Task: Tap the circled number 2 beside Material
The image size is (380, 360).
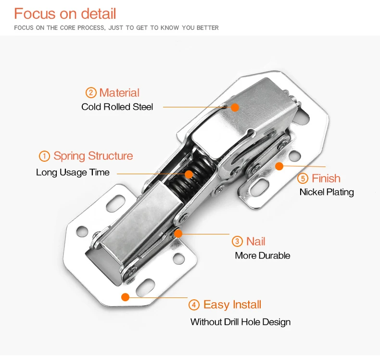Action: pos(91,93)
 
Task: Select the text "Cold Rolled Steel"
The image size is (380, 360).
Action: pos(117,107)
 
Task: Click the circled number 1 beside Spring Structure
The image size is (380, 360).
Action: pos(44,156)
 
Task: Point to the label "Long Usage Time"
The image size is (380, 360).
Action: pos(73,172)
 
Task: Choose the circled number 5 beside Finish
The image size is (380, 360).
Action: pos(303,179)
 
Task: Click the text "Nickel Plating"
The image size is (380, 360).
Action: pos(326,192)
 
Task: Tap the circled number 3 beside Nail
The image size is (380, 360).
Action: pos(237,242)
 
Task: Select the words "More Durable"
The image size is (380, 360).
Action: pos(262,256)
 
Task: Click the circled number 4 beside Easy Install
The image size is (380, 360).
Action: pos(194,305)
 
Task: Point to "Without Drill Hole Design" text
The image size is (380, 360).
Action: pos(240,321)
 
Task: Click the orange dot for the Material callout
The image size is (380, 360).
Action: pos(235,107)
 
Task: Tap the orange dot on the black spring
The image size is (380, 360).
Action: pos(189,174)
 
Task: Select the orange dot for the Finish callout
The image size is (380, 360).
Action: pos(279,166)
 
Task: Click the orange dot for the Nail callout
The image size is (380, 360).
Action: pos(178,234)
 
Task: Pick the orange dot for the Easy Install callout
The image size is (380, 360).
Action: pos(126,296)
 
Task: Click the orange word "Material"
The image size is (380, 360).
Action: pos(119,93)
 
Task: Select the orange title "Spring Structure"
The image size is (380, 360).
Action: pos(93,156)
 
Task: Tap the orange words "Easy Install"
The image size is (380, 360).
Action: pos(232,305)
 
